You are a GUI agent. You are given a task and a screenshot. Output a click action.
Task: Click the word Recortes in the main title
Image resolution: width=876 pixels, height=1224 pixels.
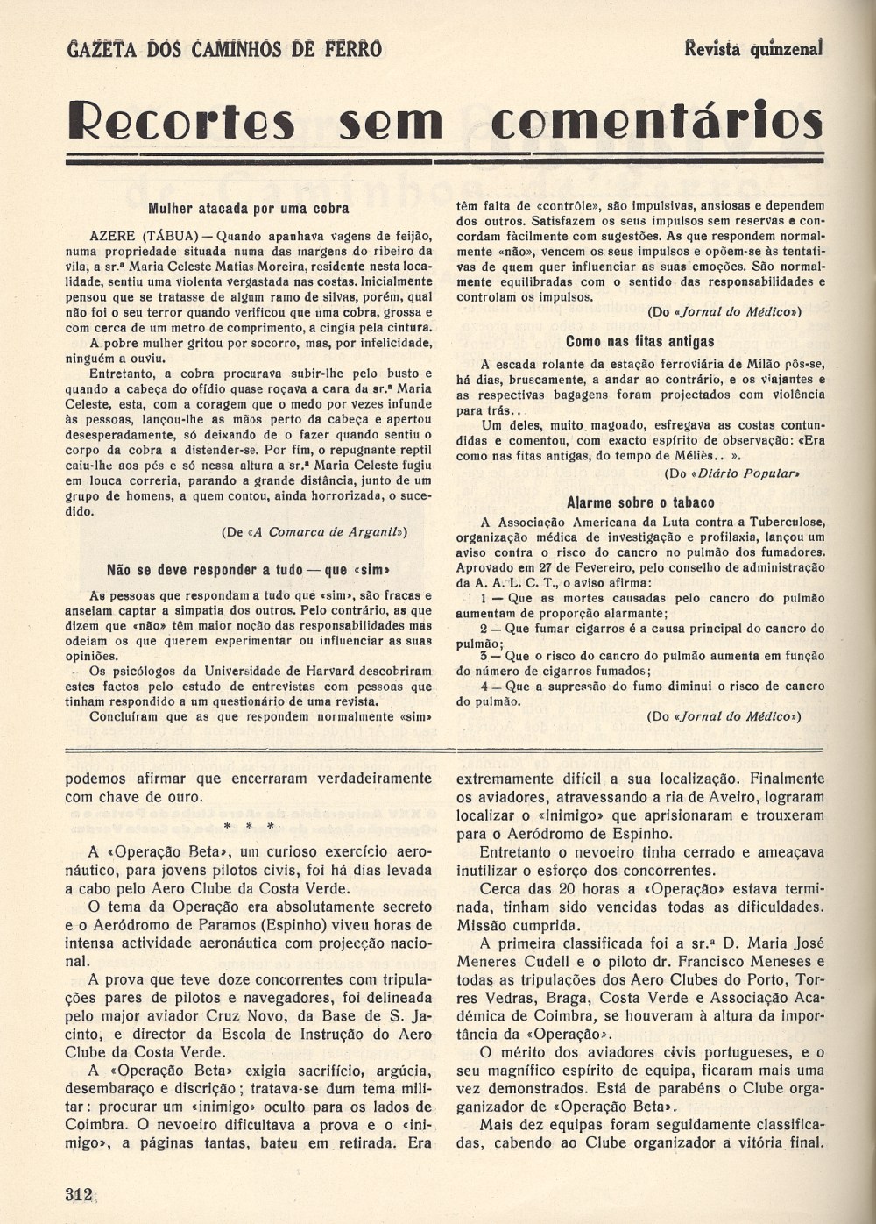pyautogui.click(x=181, y=121)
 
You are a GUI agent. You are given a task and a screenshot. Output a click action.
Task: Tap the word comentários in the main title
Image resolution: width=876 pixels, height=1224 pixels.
pyautogui.click(x=657, y=121)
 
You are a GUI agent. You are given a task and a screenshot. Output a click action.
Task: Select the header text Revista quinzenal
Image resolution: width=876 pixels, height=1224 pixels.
pyautogui.click(x=753, y=48)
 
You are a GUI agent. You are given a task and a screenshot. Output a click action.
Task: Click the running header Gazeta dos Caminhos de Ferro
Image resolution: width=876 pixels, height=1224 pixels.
pyautogui.click(x=224, y=49)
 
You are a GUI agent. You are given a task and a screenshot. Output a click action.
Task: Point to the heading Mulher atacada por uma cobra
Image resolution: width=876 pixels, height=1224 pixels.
pyautogui.click(x=249, y=209)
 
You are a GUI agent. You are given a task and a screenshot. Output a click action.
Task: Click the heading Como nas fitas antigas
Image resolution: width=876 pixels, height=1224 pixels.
pyautogui.click(x=639, y=341)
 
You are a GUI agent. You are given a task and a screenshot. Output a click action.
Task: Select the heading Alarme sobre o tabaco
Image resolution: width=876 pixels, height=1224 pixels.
pyautogui.click(x=640, y=502)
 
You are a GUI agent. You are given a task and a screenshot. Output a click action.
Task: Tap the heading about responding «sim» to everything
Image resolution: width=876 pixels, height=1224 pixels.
pyautogui.click(x=249, y=569)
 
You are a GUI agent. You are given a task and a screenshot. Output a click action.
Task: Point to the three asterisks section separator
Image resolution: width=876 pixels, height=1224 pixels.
pyautogui.click(x=249, y=826)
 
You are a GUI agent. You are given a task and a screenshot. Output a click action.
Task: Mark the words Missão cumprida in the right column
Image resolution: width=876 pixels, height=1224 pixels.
pyautogui.click(x=517, y=925)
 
